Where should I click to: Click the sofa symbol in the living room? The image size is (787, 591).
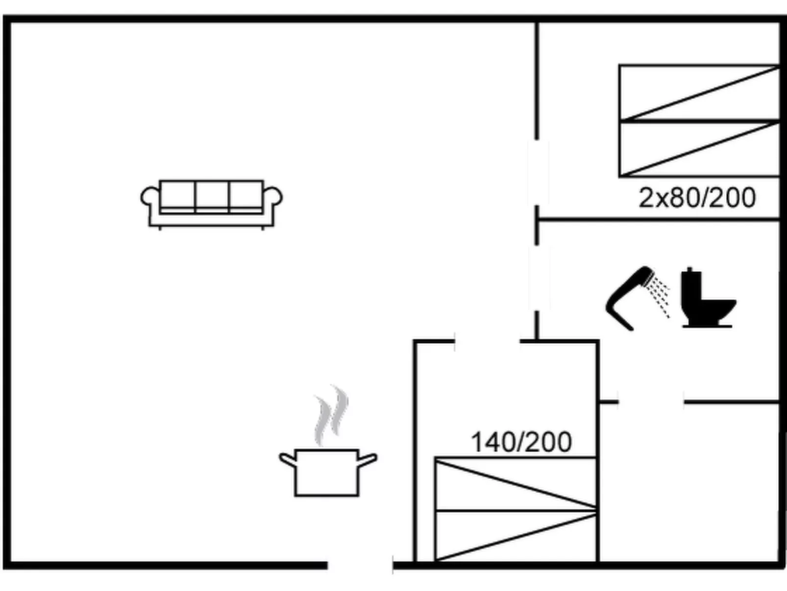[x=211, y=204]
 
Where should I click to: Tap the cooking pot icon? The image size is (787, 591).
[x=327, y=471]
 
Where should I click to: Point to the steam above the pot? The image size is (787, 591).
[x=332, y=415]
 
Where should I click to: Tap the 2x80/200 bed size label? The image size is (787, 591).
[x=697, y=198]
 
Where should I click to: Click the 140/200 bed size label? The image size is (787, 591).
[x=521, y=442]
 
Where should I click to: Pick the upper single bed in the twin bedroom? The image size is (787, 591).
[x=699, y=92]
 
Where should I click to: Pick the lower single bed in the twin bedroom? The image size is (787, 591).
[x=699, y=149]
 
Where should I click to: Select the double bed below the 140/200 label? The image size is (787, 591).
[x=516, y=509]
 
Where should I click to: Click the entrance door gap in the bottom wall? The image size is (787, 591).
[x=360, y=565]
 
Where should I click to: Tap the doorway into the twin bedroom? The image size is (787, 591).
[x=537, y=173]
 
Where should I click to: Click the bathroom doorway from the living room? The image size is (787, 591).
[x=537, y=278]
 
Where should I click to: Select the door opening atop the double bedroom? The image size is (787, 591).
[x=488, y=340]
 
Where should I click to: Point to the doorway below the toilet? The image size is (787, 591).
[x=651, y=402]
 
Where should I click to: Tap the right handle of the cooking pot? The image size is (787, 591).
[x=368, y=460]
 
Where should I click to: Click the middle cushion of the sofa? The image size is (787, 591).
[x=212, y=195]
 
